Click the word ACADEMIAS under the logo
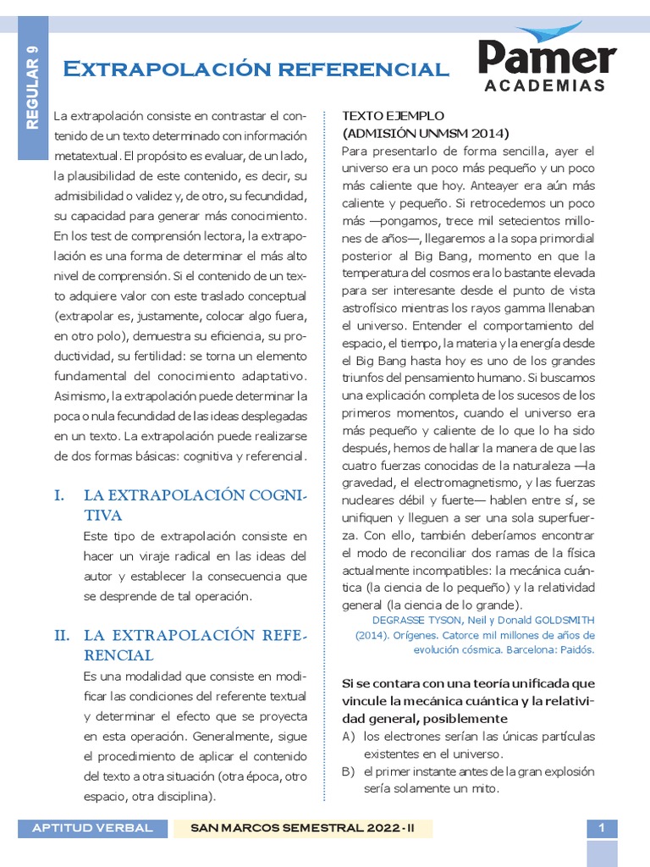coord(545,86)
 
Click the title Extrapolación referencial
coord(256,69)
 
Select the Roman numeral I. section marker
coord(60,495)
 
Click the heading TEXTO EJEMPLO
coord(393,115)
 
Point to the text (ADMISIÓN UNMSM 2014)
coord(425,133)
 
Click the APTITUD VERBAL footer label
coord(92,828)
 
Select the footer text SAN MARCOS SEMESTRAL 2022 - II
coord(302,828)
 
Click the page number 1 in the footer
coord(602,828)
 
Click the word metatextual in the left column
coord(86,157)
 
